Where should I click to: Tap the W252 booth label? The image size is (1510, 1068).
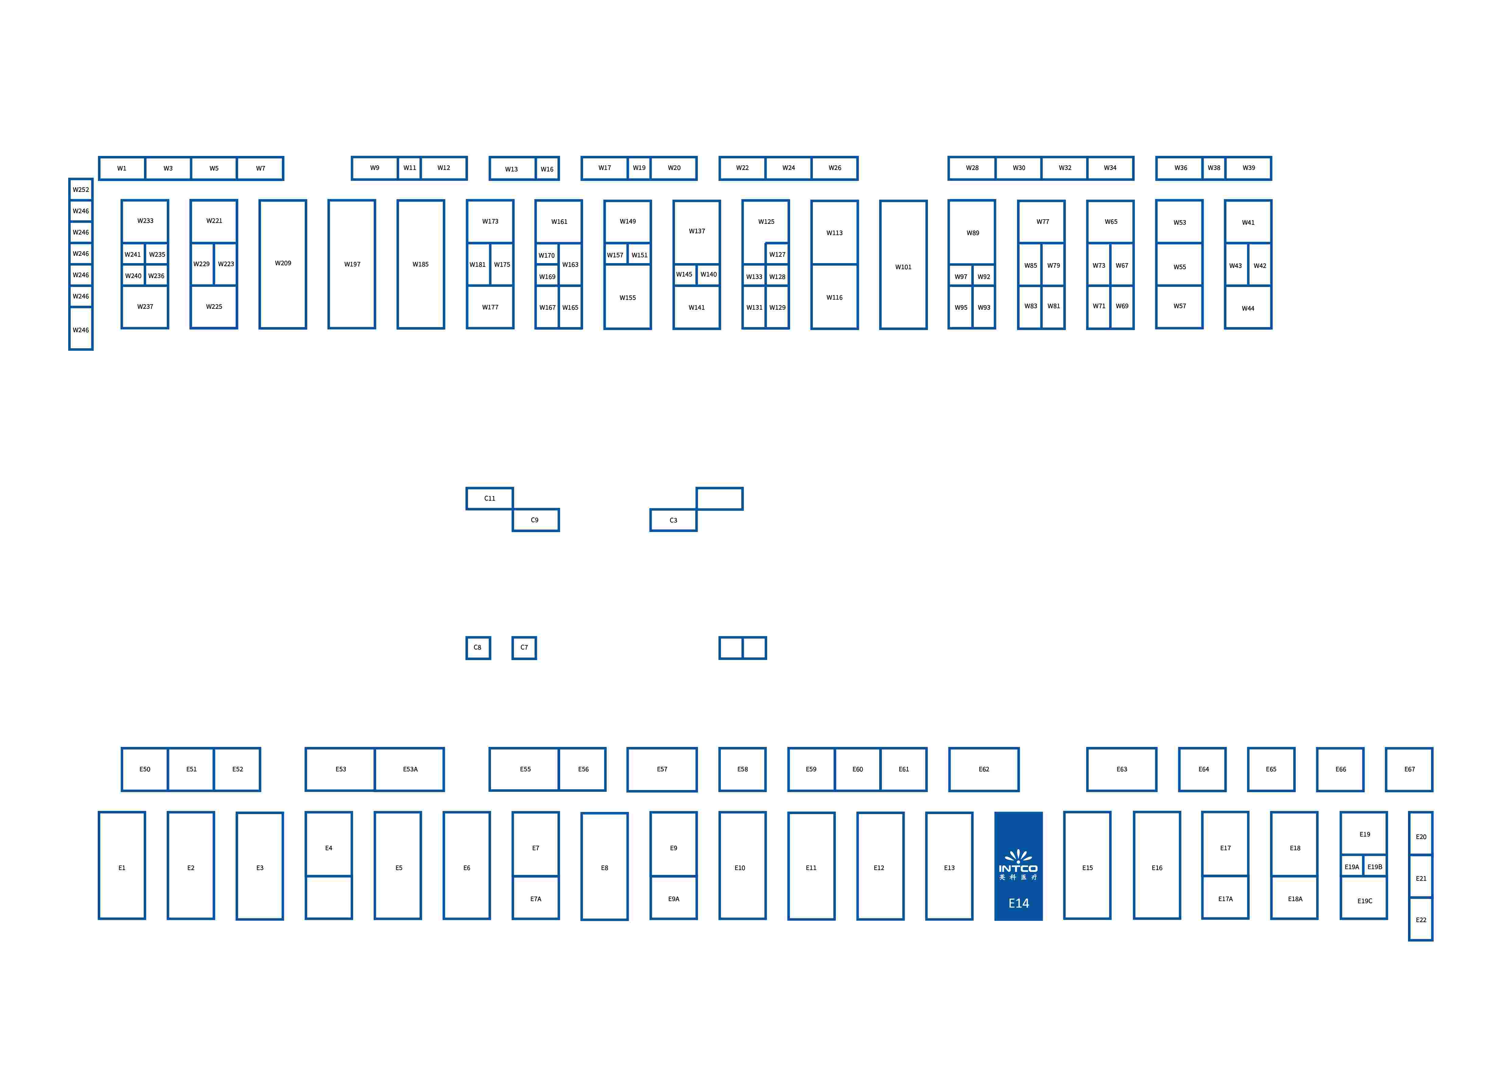[x=81, y=189]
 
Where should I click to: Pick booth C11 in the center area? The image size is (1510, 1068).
[x=489, y=498]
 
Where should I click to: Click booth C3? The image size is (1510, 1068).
[x=673, y=520]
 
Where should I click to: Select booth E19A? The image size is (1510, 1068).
[x=1351, y=867]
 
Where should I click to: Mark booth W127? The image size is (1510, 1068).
[x=777, y=254]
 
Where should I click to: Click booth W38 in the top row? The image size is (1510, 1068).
[x=1213, y=168]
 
